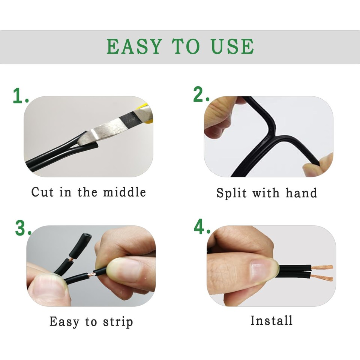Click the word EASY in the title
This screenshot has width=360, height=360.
135,46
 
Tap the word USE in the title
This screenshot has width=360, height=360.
231,46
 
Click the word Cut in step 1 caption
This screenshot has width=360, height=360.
40,192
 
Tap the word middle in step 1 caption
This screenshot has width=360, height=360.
124,192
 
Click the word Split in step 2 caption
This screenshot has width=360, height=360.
231,193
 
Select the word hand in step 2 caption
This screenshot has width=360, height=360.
301,193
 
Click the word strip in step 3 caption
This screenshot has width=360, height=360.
116,322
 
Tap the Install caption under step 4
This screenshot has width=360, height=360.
271,321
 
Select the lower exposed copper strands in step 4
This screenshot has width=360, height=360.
322,278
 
